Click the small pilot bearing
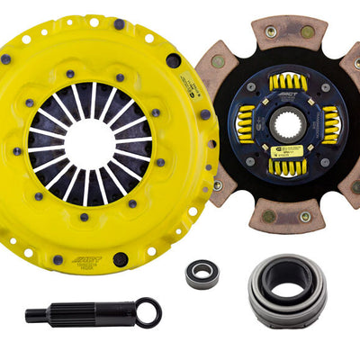[x=202, y=274]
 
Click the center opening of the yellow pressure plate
[x=91, y=142]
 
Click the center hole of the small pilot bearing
[x=202, y=274]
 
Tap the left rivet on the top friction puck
[x=270, y=31]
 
